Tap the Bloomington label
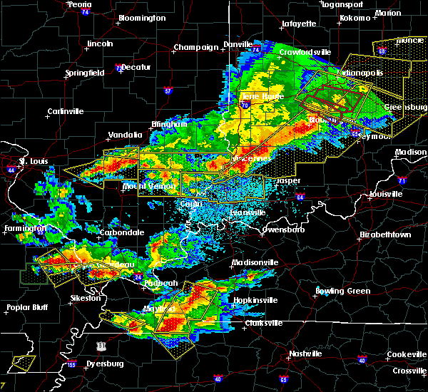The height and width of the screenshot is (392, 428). click(x=141, y=18)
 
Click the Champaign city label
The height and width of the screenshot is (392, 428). click(x=195, y=48)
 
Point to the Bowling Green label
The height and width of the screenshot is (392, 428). click(x=343, y=291)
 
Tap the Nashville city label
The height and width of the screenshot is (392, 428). click(x=305, y=354)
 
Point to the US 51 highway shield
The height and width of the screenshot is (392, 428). click(x=103, y=346)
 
